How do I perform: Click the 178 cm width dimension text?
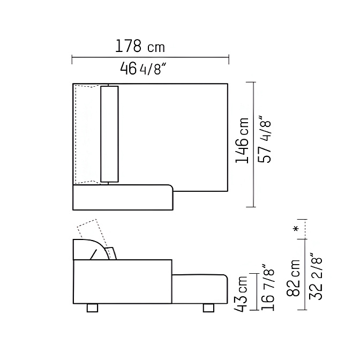(x=140, y=46)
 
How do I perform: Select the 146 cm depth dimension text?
(x=242, y=140)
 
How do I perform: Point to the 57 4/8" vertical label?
(x=264, y=139)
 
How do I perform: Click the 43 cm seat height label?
(x=241, y=294)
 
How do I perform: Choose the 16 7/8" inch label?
(x=268, y=287)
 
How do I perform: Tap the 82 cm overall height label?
(x=293, y=278)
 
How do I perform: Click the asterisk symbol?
(x=296, y=229)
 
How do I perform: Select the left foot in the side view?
(x=92, y=308)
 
